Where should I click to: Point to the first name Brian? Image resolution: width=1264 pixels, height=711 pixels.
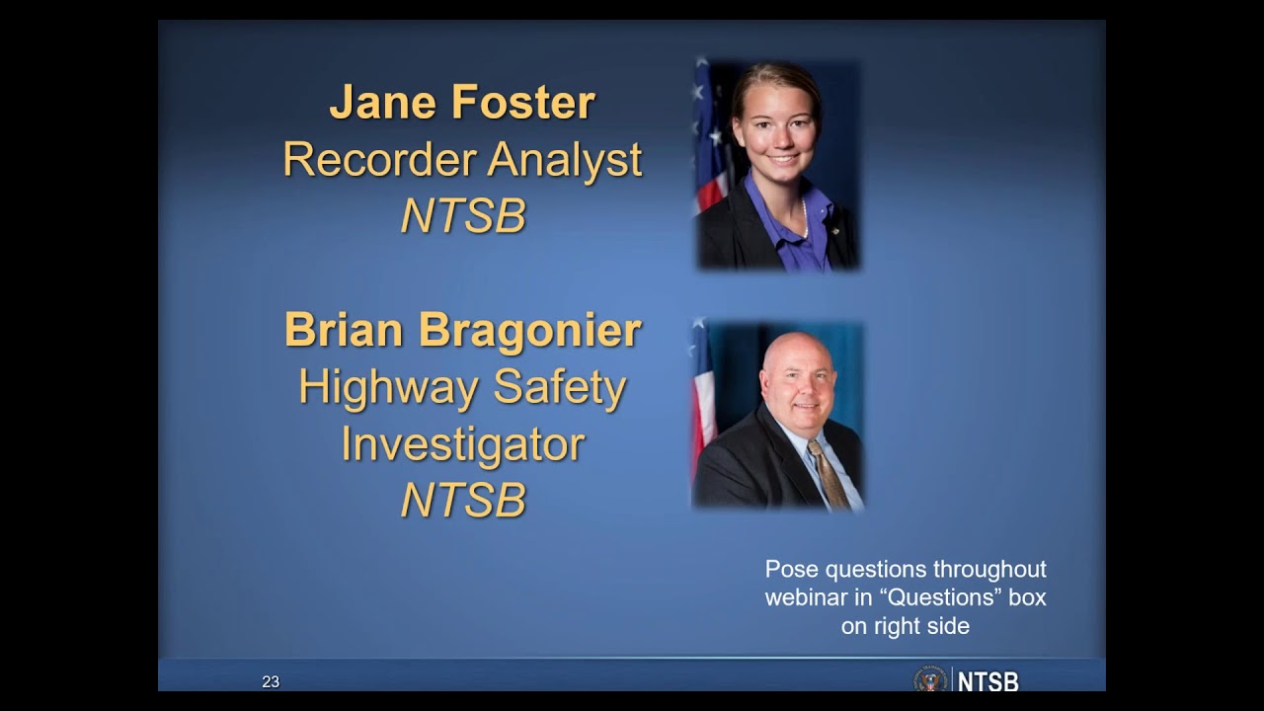pyautogui.click(x=345, y=330)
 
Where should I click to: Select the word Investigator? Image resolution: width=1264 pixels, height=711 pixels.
pyautogui.click(x=462, y=443)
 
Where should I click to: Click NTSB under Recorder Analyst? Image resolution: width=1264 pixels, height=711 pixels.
pyautogui.click(x=462, y=216)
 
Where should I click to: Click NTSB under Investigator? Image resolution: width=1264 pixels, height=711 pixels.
pyautogui.click(x=462, y=500)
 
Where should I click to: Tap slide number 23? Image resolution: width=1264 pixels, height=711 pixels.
pyautogui.click(x=271, y=681)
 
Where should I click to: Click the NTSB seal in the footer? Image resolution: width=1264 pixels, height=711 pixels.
pyautogui.click(x=929, y=680)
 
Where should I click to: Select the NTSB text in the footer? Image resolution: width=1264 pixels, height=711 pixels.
pyautogui.click(x=988, y=681)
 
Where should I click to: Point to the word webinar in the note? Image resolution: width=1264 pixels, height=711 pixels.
pyautogui.click(x=802, y=597)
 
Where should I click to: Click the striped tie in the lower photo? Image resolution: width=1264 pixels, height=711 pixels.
pyautogui.click(x=827, y=472)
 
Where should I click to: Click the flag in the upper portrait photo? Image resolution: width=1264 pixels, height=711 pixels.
pyautogui.click(x=710, y=138)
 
